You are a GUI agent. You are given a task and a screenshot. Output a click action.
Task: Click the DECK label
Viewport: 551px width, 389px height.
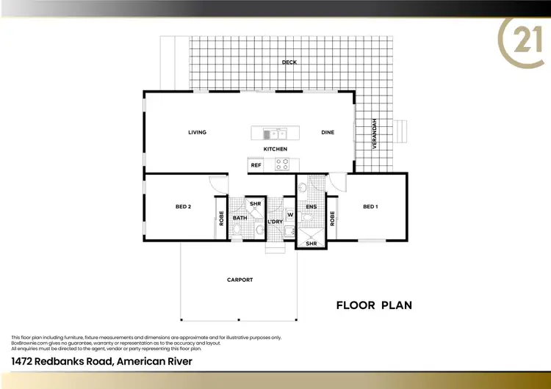(289, 62)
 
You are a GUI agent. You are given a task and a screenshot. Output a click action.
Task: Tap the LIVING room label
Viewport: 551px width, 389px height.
(197, 133)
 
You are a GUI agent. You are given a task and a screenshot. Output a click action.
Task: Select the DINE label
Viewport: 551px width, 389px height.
(328, 133)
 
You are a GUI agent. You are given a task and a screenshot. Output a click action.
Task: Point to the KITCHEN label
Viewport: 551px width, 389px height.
(275, 149)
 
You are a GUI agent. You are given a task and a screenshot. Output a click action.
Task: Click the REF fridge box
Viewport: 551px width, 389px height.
(256, 165)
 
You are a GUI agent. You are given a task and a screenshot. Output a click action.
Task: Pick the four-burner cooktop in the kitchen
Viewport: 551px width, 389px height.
(282, 165)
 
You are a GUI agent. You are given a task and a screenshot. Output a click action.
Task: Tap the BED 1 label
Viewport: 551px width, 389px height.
(370, 207)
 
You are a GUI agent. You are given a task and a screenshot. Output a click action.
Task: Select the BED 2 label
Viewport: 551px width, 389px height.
(183, 207)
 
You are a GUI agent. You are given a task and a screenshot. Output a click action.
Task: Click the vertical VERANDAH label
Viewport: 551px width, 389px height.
(374, 134)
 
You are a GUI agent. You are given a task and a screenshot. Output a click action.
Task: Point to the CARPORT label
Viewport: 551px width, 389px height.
(240, 280)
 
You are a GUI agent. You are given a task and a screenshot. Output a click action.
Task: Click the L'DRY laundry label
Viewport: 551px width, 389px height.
(275, 222)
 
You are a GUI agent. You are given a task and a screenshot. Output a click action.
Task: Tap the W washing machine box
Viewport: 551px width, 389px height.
(290, 215)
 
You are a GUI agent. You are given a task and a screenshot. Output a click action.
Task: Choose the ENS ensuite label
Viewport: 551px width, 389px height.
(311, 208)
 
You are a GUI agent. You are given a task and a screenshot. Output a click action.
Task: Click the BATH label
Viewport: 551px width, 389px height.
(240, 218)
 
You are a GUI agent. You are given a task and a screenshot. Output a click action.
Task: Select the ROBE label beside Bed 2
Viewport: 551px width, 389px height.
(221, 218)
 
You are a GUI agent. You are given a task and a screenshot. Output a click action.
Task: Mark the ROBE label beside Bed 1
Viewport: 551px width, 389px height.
(332, 218)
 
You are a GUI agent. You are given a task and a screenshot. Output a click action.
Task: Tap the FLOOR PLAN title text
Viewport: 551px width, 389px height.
(374, 305)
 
